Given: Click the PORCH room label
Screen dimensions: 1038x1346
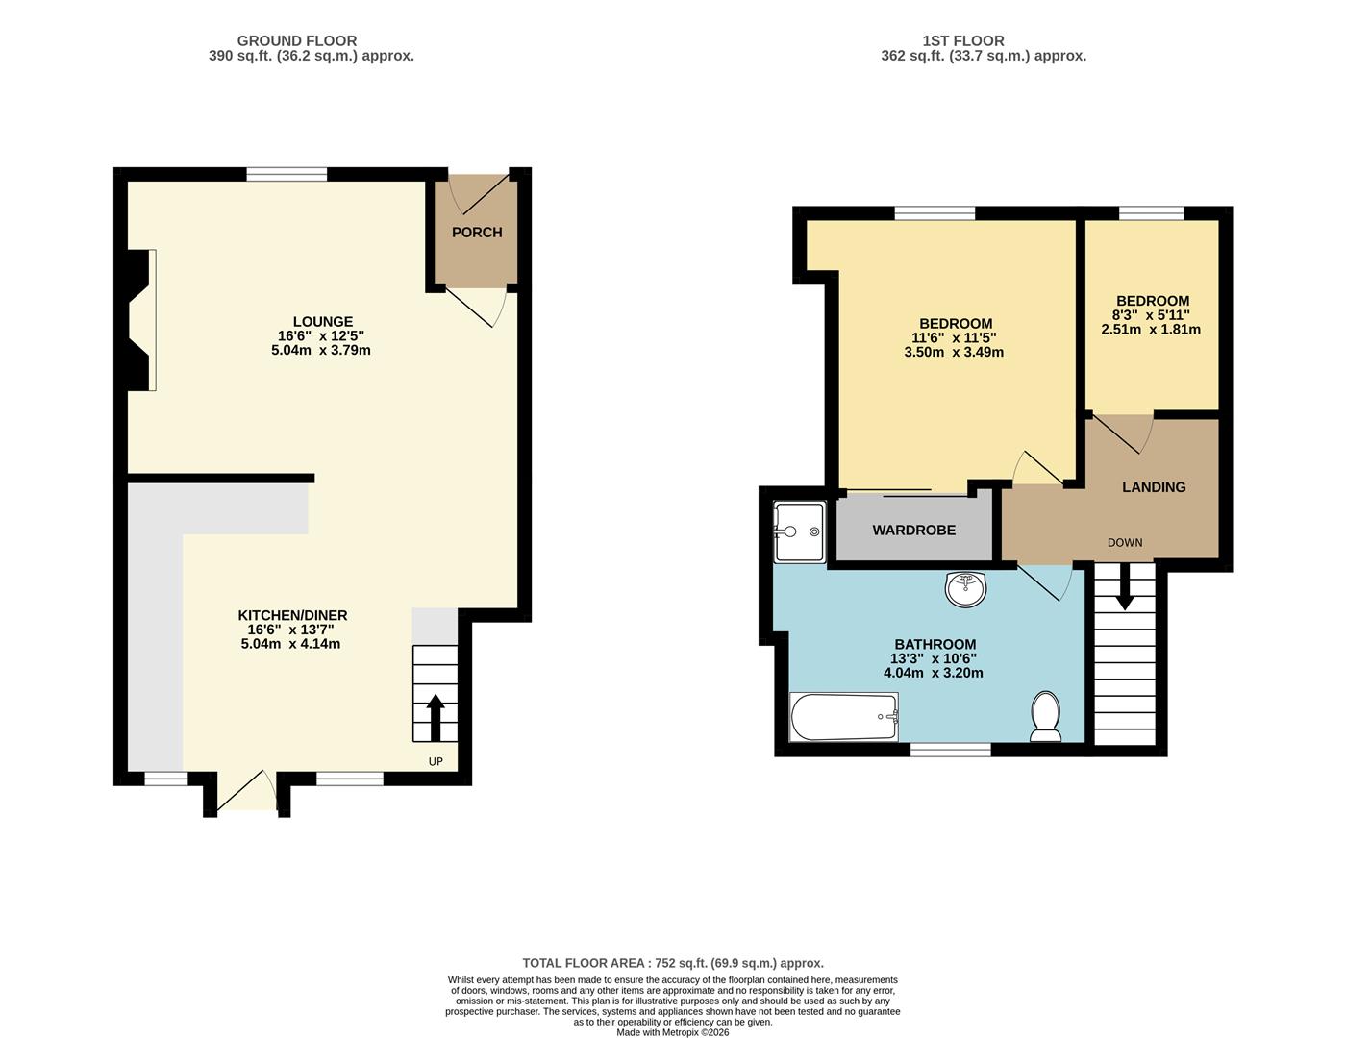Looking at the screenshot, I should click(477, 233).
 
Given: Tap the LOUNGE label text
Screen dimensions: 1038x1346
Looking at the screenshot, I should click(322, 322).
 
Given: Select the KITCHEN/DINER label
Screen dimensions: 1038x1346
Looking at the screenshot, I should click(292, 615).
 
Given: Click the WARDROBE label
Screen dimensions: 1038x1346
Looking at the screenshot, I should click(913, 531).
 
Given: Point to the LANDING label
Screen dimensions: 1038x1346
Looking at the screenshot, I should click(1154, 487).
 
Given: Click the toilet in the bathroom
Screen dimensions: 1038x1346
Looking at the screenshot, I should click(1045, 717).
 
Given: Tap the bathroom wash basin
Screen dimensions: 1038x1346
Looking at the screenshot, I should click(965, 588).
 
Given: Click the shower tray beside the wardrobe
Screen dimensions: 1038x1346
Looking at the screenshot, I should click(799, 531).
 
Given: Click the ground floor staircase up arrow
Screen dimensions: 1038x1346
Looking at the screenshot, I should click(435, 717).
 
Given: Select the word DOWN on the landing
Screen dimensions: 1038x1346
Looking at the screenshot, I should click(1125, 543).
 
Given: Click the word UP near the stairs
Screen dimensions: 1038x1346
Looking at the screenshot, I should click(436, 762).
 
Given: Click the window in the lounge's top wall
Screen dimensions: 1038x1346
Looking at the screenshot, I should click(287, 174).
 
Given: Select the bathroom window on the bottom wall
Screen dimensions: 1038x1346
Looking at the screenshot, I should click(950, 750).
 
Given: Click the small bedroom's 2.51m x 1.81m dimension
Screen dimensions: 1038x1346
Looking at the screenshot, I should click(1151, 330).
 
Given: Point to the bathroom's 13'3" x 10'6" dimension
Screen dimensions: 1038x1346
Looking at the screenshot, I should click(935, 658).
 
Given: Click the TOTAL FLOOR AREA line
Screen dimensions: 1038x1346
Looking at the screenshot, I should click(673, 963).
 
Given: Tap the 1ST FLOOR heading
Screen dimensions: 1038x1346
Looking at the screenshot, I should click(962, 41).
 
